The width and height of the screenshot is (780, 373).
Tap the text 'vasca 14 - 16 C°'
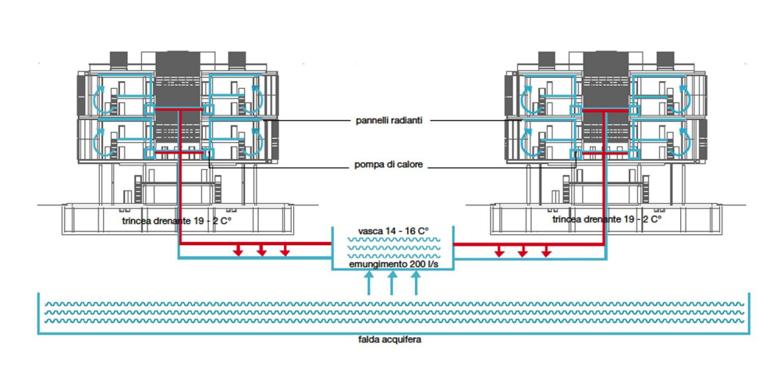tap(392, 232)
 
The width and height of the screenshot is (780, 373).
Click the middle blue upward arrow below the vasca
tap(392, 282)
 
